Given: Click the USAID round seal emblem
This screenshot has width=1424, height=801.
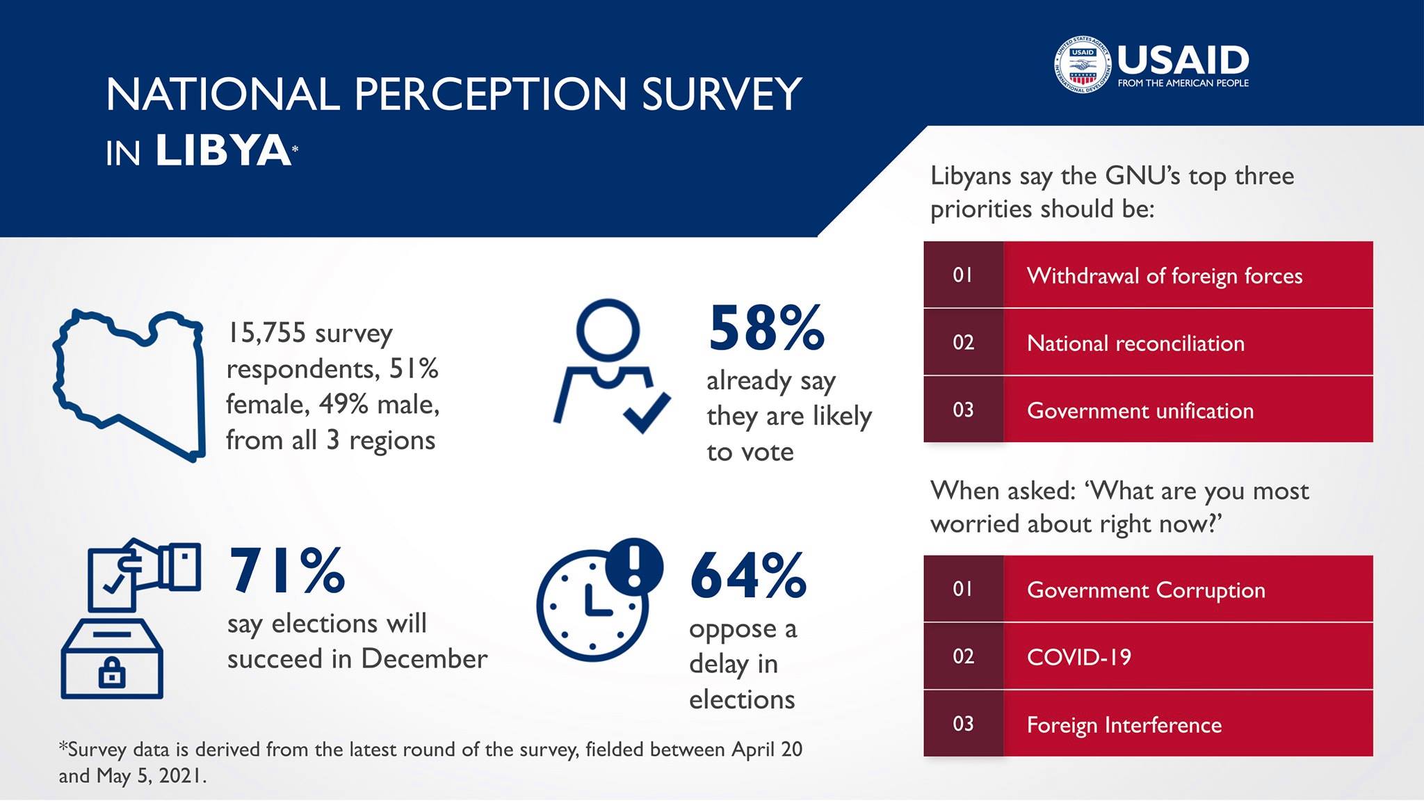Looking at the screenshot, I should click(1082, 65).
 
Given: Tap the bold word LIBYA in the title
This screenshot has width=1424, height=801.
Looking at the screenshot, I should click(223, 151).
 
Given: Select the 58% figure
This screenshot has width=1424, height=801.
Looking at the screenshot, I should click(766, 328).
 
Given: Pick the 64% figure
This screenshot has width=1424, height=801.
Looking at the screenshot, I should click(748, 576).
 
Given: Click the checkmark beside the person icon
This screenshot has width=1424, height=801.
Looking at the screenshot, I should click(647, 412).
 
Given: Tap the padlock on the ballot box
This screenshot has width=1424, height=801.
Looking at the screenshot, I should click(112, 672).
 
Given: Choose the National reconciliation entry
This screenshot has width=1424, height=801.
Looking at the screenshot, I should click(1135, 343).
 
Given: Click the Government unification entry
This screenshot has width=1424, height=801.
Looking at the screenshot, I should click(1140, 410).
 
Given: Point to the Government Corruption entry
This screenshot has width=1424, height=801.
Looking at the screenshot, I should click(1146, 590).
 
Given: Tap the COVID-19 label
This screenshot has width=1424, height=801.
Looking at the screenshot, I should click(1079, 657).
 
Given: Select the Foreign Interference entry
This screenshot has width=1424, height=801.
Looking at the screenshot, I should click(1124, 725).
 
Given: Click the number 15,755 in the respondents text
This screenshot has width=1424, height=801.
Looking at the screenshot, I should click(266, 333).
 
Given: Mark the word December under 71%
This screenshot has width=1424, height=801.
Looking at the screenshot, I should click(424, 658).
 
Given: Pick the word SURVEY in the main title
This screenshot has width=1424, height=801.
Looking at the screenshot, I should click(721, 95).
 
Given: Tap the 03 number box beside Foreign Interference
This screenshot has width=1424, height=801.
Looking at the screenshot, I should click(963, 724).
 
